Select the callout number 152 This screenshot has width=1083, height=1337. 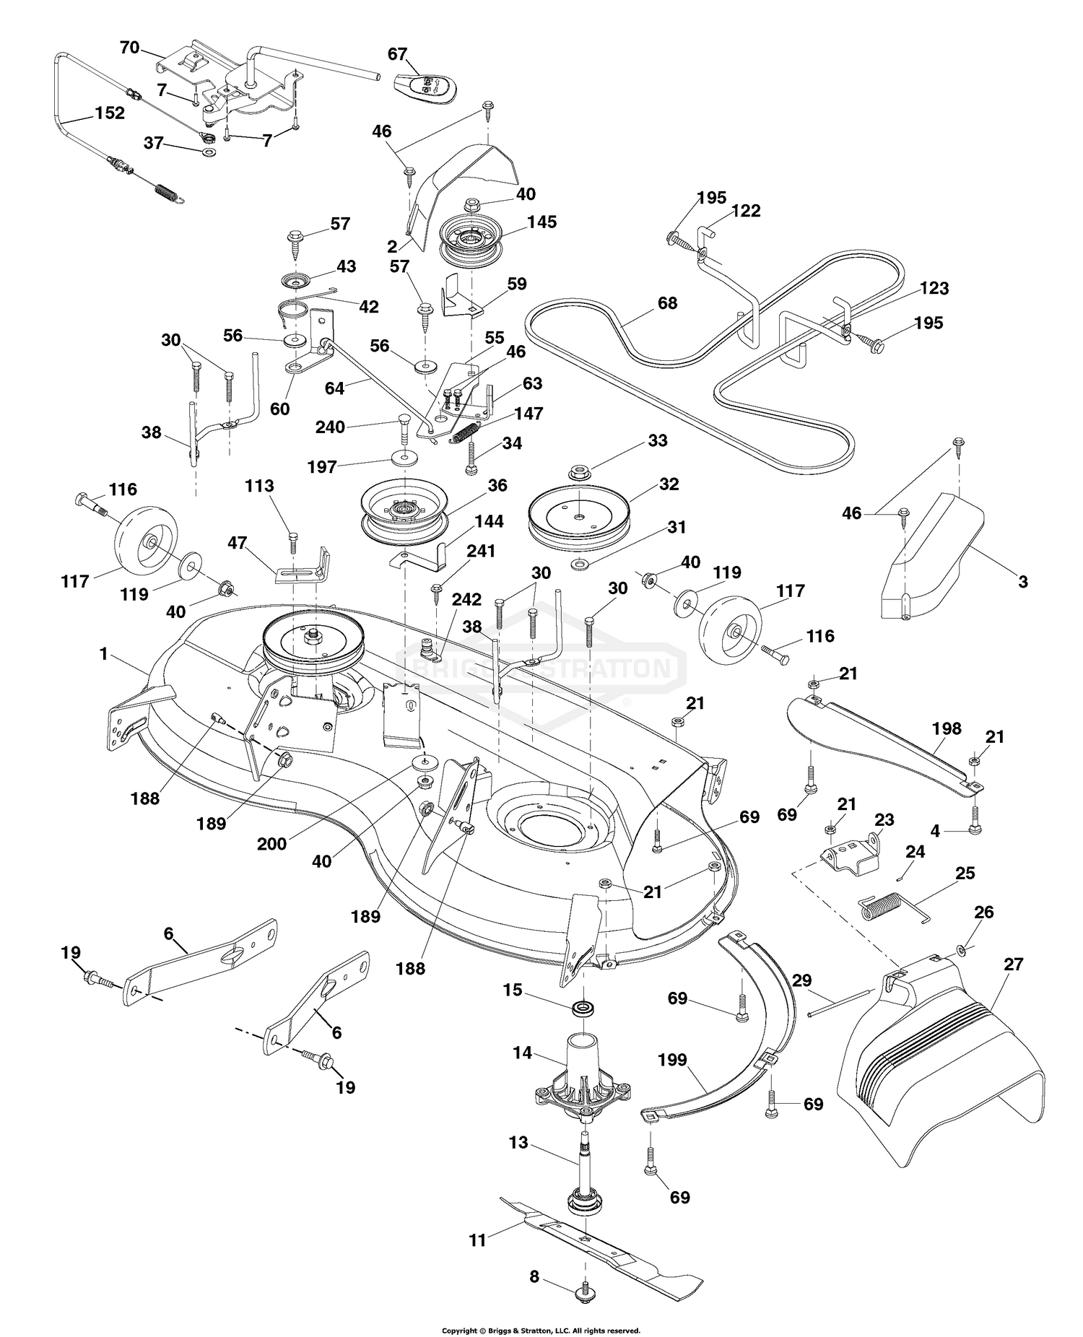(109, 113)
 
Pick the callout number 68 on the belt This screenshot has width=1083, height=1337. (667, 302)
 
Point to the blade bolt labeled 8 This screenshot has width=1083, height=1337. (582, 1292)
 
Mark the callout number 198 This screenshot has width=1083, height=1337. (946, 728)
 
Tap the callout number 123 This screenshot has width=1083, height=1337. (934, 288)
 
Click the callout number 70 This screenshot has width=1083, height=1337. (129, 48)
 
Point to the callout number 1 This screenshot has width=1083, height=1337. (104, 653)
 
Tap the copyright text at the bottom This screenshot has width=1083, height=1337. (541, 1330)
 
